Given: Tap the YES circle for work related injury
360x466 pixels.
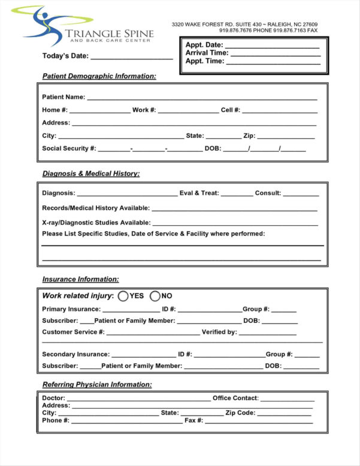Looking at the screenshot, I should [x=123, y=295].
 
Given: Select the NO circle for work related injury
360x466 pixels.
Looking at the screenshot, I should [x=155, y=295].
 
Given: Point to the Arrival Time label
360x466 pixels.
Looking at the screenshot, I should [x=207, y=53].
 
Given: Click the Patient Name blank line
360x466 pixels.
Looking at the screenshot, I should [x=202, y=98].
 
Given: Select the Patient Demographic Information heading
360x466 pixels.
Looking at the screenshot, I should [x=99, y=76].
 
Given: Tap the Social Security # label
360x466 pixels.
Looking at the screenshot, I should [x=69, y=149].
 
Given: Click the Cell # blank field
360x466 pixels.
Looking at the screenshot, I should [x=279, y=111].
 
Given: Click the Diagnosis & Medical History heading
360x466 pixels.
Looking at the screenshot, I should [x=90, y=174].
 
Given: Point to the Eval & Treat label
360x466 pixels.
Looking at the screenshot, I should [x=199, y=193].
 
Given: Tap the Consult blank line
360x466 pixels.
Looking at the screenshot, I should [x=301, y=195].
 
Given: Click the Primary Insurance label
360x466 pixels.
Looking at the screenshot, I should [x=71, y=309].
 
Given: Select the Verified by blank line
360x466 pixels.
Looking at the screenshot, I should [x=267, y=333].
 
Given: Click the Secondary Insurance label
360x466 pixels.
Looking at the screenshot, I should [x=75, y=355].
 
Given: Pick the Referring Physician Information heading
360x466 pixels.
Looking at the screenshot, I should [x=96, y=385].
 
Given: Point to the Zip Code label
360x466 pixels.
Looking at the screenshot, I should [x=240, y=413].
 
